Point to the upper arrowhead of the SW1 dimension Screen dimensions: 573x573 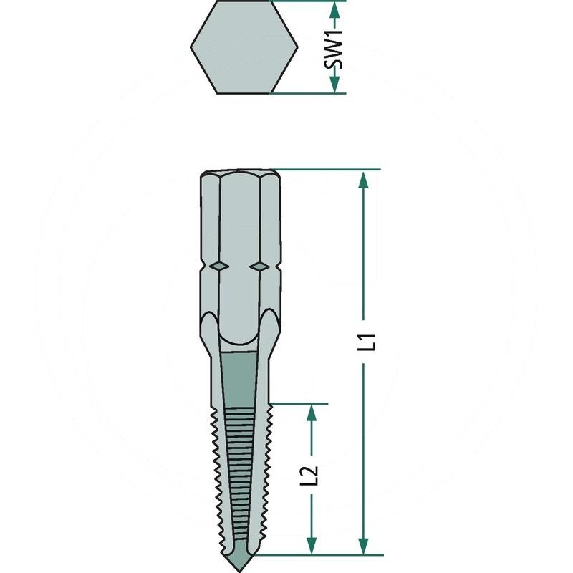click(x=334, y=9)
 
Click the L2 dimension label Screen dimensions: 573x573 click(x=312, y=476)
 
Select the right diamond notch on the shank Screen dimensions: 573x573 click(x=259, y=266)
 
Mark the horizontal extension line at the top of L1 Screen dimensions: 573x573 click(x=329, y=170)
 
